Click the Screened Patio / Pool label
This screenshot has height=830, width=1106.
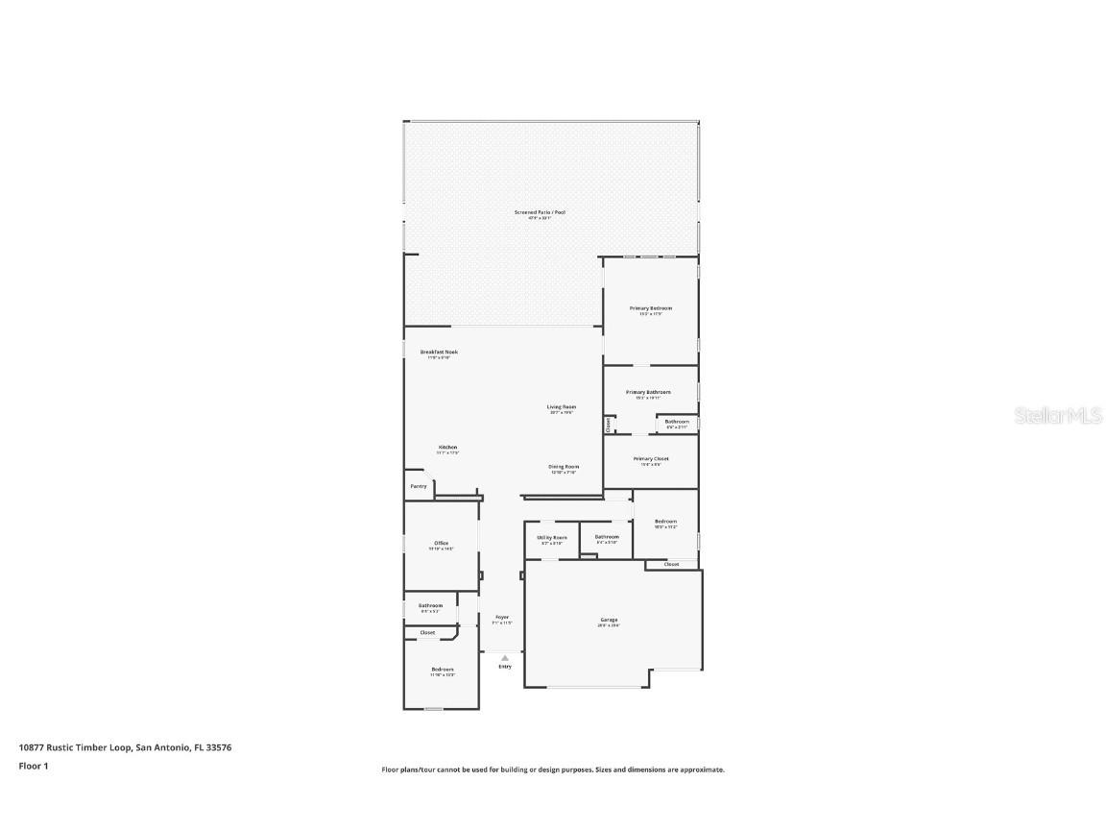pyautogui.click(x=540, y=211)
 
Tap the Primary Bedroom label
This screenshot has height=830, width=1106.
pyautogui.click(x=651, y=308)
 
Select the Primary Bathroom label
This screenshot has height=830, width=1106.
pyautogui.click(x=648, y=392)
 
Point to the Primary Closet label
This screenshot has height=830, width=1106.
pyautogui.click(x=651, y=458)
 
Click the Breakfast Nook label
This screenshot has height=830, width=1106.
pyautogui.click(x=439, y=352)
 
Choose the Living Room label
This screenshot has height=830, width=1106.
pyautogui.click(x=562, y=406)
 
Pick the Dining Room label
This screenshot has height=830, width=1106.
pyautogui.click(x=564, y=467)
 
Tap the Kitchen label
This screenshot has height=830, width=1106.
pyautogui.click(x=448, y=447)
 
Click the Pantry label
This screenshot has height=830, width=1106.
pyautogui.click(x=419, y=486)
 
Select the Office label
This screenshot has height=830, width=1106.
pyautogui.click(x=442, y=543)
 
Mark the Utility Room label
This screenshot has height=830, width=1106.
pyautogui.click(x=552, y=537)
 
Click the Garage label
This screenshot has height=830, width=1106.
pyautogui.click(x=610, y=620)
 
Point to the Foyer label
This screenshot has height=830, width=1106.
pyautogui.click(x=502, y=617)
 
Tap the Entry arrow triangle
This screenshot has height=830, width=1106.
pyautogui.click(x=505, y=658)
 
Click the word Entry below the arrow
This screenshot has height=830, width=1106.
pyautogui.click(x=505, y=666)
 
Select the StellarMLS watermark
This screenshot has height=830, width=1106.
pyautogui.click(x=1059, y=416)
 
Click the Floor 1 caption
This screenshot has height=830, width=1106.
pyautogui.click(x=33, y=766)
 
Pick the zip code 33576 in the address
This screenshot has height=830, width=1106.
pyautogui.click(x=219, y=746)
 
